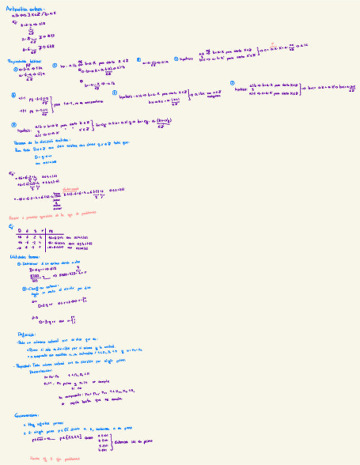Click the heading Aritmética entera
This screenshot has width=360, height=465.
pyautogui.click(x=22, y=8)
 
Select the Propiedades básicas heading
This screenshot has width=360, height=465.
pyautogui.click(x=25, y=61)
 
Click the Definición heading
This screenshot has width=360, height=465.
pyautogui.click(x=26, y=334)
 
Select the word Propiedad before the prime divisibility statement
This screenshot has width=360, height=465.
pyautogui.click(x=23, y=365)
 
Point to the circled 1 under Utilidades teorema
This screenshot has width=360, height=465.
pyautogui.click(x=20, y=264)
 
